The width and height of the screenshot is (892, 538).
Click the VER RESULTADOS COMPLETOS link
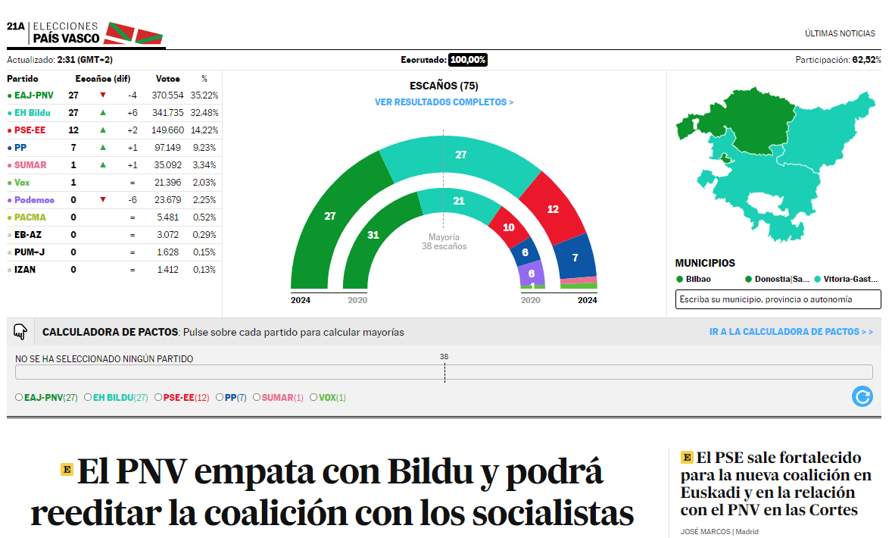[x=444, y=102]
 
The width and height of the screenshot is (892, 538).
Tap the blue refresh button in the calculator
[x=862, y=396]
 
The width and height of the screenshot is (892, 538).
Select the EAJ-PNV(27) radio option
[x=19, y=397]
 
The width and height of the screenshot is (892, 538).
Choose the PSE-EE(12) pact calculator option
[x=158, y=397]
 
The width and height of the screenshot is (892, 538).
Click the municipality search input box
[x=778, y=299]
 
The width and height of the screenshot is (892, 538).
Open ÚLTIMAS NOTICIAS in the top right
[x=840, y=33]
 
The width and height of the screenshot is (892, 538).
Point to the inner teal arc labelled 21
[x=459, y=201]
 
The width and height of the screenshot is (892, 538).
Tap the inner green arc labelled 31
[x=373, y=235]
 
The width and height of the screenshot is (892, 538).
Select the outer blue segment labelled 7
[x=575, y=258]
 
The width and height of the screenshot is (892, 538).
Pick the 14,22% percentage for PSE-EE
[x=204, y=130]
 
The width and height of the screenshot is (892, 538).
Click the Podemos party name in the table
[x=35, y=200]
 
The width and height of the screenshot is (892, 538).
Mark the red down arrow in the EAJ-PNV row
[x=103, y=95]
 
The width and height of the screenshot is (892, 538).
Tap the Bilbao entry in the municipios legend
[x=694, y=279]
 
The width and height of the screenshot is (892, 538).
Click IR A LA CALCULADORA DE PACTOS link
[x=791, y=332]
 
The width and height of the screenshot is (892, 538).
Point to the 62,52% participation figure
[x=866, y=60]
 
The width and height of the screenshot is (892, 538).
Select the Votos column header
[x=167, y=79]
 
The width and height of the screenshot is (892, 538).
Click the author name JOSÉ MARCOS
[x=705, y=531]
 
